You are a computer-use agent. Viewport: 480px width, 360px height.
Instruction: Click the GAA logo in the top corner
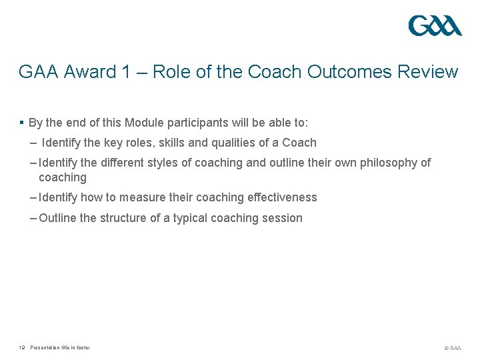point(435,26)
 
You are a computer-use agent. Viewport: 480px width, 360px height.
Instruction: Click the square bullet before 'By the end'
point(22,123)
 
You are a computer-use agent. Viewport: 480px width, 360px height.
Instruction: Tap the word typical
point(192,218)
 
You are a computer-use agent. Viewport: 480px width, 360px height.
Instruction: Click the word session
point(282,218)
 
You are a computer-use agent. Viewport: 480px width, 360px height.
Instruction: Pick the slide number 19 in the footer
point(22,347)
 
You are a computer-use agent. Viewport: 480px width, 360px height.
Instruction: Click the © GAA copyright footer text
point(451,347)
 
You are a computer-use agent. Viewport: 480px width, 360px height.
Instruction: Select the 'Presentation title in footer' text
point(60,347)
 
